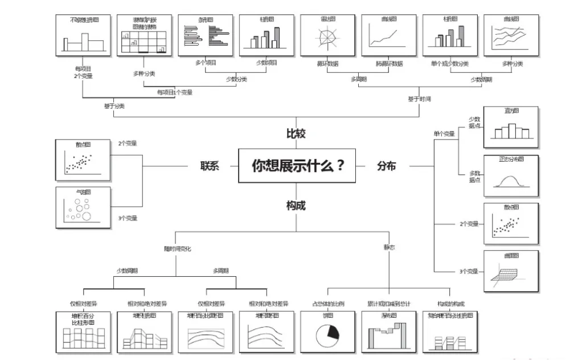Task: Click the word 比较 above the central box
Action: (x=296, y=134)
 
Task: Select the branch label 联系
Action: (x=210, y=166)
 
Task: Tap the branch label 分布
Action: (x=386, y=166)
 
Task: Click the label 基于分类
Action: (x=114, y=105)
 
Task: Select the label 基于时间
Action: (x=419, y=99)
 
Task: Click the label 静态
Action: (x=390, y=248)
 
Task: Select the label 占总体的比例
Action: (x=327, y=304)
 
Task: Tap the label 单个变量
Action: (x=444, y=134)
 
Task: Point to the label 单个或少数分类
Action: (x=450, y=63)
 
